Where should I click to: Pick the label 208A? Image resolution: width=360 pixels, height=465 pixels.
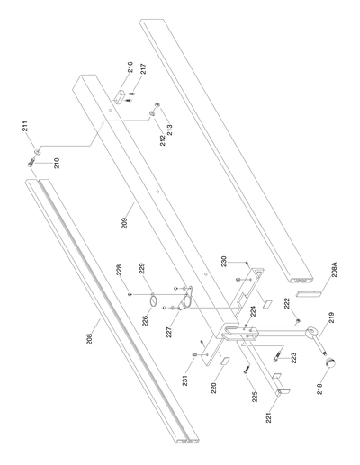(334, 271)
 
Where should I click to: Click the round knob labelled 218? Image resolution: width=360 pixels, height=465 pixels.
(334, 362)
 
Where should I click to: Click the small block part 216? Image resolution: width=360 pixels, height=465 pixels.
(121, 94)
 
